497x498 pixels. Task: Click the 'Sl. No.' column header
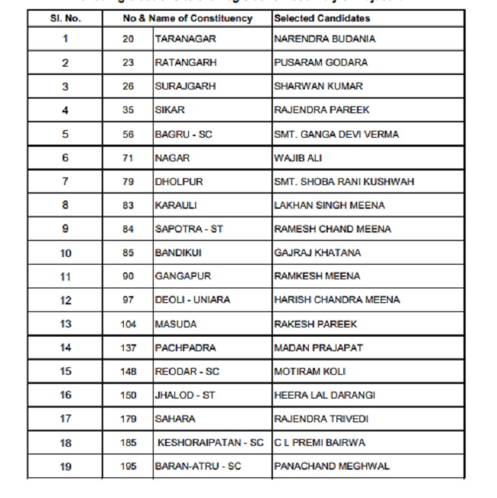pos(65,18)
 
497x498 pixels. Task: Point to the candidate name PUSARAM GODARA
pos(320,63)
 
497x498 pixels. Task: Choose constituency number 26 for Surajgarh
pos(128,86)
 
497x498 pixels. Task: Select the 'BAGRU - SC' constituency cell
pos(183,135)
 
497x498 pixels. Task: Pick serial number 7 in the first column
pos(65,182)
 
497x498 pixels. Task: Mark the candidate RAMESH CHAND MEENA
pos(333,229)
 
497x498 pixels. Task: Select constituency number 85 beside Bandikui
pos(128,253)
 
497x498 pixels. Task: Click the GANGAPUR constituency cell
pos(182,276)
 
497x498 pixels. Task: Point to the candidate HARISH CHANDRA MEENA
pos(337,300)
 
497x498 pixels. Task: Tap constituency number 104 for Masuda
pos(128,324)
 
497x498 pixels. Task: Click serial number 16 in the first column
pos(65,395)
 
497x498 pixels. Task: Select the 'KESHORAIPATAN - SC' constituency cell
pos(210,443)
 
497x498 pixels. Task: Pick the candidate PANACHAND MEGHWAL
pos(332,466)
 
